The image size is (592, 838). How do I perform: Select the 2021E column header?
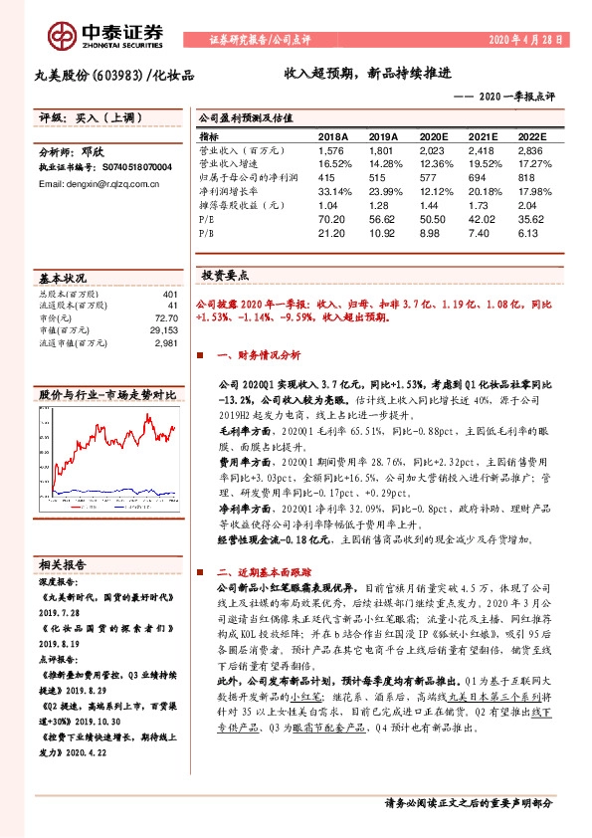pyautogui.click(x=474, y=136)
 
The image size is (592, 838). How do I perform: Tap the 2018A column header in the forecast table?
pyautogui.click(x=333, y=136)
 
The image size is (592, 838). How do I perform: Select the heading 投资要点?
pyautogui.click(x=226, y=276)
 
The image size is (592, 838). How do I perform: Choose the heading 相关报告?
pyautogui.click(x=63, y=562)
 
